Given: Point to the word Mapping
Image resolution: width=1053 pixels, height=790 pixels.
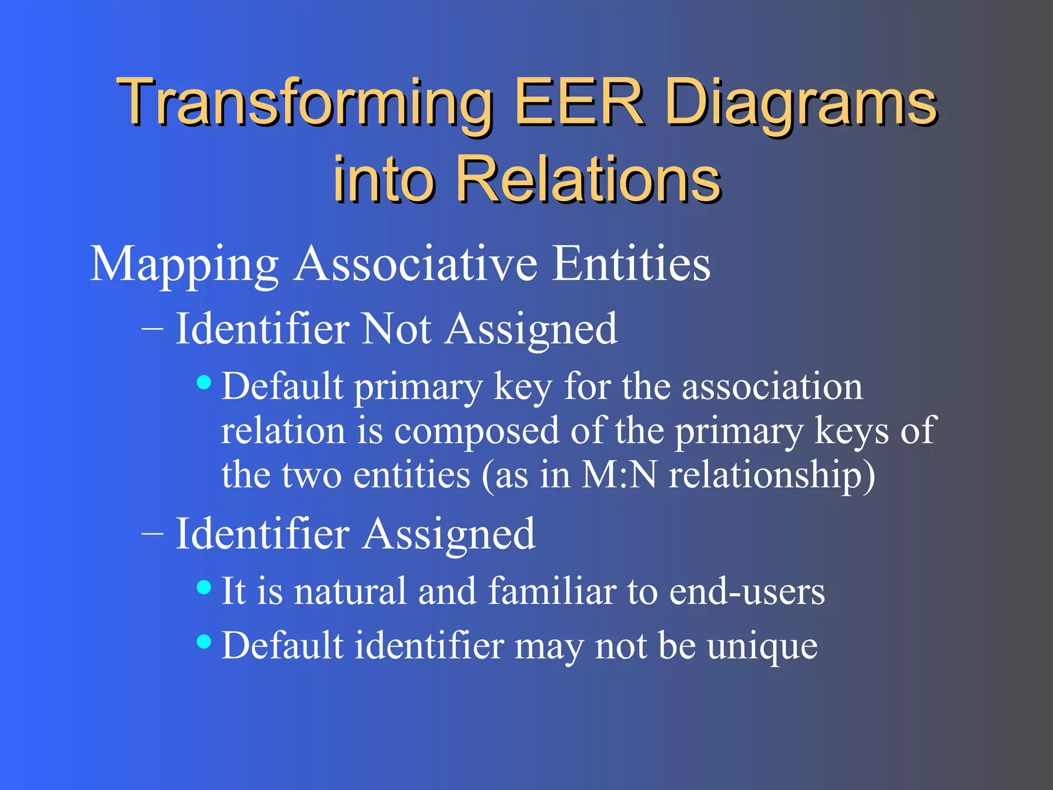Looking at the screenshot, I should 184,265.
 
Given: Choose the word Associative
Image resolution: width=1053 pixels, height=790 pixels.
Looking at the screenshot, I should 416,264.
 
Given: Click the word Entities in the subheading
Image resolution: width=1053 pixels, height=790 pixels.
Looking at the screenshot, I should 631,264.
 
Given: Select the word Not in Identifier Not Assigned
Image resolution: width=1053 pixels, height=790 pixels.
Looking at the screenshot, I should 396,329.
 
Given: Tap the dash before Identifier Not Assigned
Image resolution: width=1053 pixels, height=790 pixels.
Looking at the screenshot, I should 152,329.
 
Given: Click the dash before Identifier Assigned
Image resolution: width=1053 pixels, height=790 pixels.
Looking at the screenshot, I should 152,534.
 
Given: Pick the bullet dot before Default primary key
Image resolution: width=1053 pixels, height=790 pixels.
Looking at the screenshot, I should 204,382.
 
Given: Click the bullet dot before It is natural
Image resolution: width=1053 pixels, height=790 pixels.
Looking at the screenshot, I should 204,587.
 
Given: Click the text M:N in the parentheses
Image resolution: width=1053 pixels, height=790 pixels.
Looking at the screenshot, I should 619,475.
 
